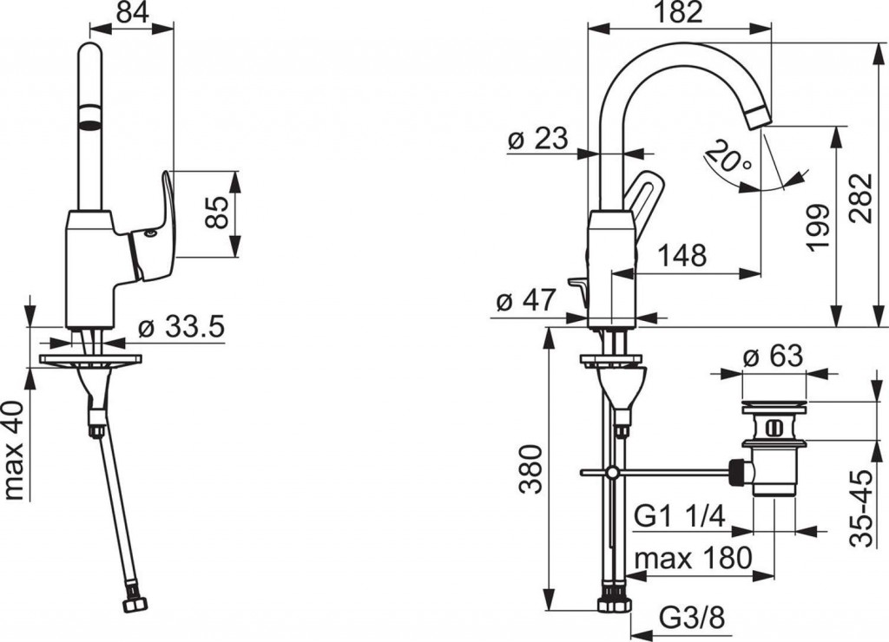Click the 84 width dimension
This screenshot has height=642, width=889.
point(132,11)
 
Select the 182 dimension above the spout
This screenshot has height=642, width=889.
point(679,12)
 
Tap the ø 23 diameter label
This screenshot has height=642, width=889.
point(537,138)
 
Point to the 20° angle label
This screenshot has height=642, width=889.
point(728,156)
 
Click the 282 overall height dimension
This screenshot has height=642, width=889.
point(860,199)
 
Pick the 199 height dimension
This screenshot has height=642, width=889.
point(818,226)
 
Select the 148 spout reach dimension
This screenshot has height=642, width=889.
point(682,256)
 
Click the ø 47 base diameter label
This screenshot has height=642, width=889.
point(525,300)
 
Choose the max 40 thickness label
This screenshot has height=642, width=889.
point(14,450)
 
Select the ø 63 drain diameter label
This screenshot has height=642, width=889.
point(773,357)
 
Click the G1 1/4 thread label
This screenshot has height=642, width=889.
point(680,516)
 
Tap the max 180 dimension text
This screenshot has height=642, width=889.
point(694,558)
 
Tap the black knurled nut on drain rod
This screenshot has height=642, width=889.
point(736,472)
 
